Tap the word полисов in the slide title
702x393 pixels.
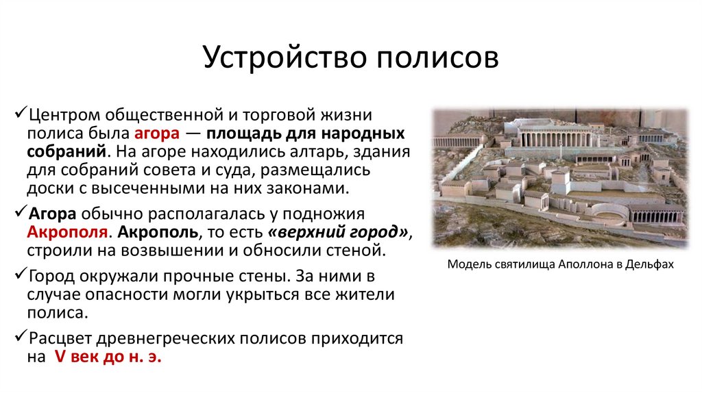pyautogui.click(x=436, y=58)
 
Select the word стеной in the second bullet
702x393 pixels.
pyautogui.click(x=356, y=250)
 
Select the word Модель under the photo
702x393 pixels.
pyautogui.click(x=468, y=264)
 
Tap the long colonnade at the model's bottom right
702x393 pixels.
pyautogui.click(x=657, y=215)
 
